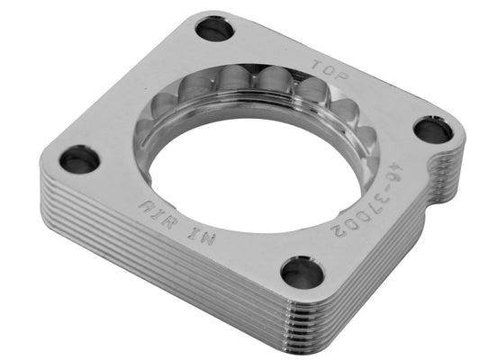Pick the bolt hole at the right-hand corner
click(x=434, y=130)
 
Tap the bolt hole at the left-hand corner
click(x=80, y=160)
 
